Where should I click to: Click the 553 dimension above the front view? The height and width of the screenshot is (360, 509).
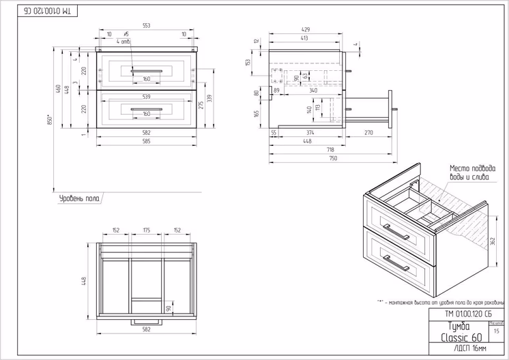[x=146, y=25]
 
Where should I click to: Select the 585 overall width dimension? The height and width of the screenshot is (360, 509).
[x=146, y=142]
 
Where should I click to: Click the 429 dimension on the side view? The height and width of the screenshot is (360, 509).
[x=305, y=30]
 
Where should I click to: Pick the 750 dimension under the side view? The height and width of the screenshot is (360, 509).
[x=333, y=158]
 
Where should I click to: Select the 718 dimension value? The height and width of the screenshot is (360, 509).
[x=329, y=149]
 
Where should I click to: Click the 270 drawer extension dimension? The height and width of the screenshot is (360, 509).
[x=368, y=132]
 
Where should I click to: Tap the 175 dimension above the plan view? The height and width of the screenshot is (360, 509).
[x=146, y=230]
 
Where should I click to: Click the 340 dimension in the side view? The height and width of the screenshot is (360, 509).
[x=312, y=89]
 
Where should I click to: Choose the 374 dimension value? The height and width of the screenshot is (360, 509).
[x=310, y=132]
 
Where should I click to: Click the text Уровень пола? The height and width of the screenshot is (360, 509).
[x=80, y=198]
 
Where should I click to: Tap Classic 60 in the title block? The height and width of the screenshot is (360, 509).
[x=461, y=337]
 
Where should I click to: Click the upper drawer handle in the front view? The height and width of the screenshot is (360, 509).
[x=146, y=70]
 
